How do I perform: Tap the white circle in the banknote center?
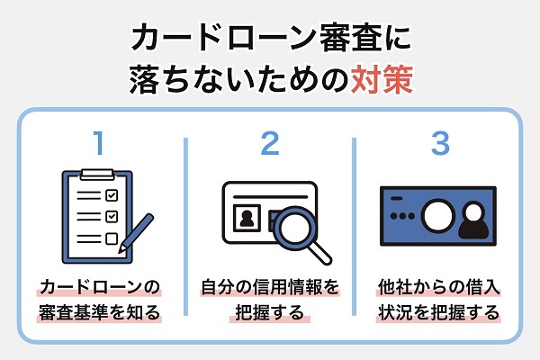438,215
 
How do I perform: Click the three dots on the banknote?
401,216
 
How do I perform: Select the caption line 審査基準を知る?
100,314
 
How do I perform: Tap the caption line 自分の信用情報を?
269,289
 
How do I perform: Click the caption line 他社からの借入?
438,289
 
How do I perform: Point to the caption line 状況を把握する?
438,314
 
